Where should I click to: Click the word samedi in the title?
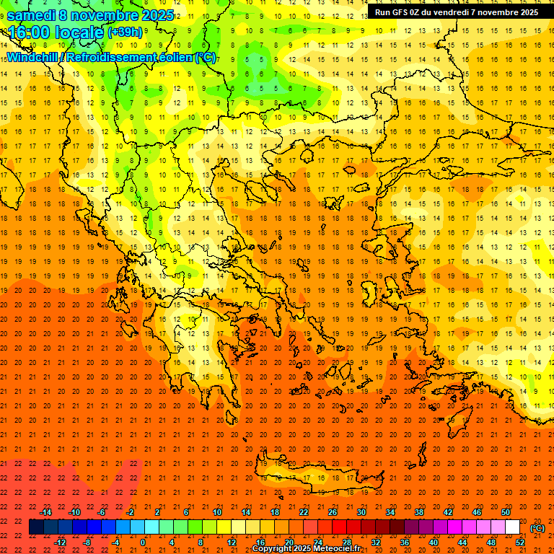[x=32, y=14]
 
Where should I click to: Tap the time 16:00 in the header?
[x=30, y=32]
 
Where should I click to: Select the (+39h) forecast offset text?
[x=125, y=32]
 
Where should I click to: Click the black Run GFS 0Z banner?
[x=456, y=12]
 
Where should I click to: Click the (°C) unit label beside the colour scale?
[x=537, y=528]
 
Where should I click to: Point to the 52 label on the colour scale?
[x=520, y=542]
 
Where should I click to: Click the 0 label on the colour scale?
[x=142, y=542]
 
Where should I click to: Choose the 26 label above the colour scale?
[x=333, y=512]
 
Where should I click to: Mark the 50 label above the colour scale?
[x=506, y=512]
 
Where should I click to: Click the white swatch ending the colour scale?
[x=513, y=527]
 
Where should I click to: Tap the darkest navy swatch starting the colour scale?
[x=36, y=527]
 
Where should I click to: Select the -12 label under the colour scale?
[x=60, y=542]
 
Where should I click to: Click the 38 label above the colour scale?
[x=419, y=512]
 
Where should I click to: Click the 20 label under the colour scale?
[x=289, y=542]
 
